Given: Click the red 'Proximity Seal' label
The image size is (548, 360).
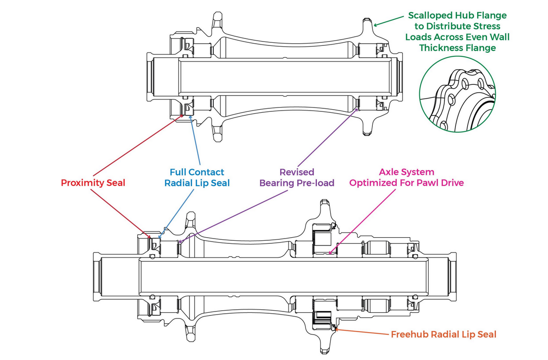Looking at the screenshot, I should pos(93,183).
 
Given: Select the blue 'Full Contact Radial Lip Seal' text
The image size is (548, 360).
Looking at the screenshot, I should pos(197,177).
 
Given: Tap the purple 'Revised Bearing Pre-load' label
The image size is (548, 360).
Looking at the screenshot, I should pos(297,177).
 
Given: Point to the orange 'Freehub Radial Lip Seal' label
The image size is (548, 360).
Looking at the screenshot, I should pos(444,335).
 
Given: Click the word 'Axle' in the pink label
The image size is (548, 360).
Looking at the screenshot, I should pos(389,172).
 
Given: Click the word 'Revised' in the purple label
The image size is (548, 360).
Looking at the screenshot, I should pos(297,172).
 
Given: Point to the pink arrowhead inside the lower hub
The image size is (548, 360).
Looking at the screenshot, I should pos(331,252).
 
